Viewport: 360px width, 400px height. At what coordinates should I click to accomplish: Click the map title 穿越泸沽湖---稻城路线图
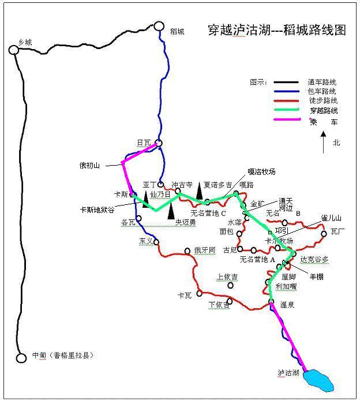[276, 31]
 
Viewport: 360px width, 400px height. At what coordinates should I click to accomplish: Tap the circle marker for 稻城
[159, 26]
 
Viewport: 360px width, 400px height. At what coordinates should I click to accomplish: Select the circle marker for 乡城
[14, 50]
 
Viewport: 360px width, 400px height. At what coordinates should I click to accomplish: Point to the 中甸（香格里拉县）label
[63, 356]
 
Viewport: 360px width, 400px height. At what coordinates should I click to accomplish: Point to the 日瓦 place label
[143, 143]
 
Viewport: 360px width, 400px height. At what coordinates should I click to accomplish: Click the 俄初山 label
[90, 166]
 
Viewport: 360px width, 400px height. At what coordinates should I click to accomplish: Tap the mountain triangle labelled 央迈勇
[171, 212]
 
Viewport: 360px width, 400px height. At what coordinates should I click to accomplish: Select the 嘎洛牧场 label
[261, 172]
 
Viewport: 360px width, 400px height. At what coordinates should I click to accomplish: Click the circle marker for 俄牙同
[187, 251]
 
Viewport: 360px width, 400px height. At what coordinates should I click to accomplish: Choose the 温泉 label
[287, 304]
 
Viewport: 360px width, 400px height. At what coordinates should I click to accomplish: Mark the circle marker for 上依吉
[231, 285]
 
